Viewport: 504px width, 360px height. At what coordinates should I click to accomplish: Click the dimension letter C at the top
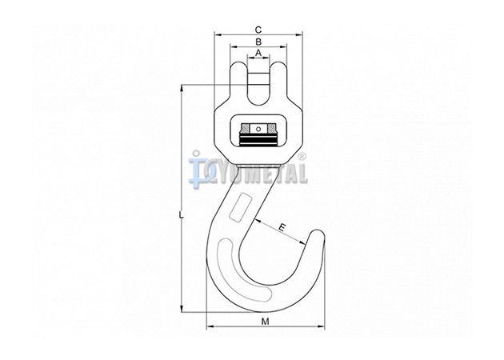(258, 30)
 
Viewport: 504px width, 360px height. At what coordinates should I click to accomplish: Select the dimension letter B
(258, 42)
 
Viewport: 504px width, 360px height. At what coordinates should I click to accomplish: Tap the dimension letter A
(258, 53)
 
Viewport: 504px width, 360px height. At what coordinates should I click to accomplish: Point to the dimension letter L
(182, 216)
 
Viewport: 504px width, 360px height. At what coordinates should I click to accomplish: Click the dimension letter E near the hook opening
(282, 228)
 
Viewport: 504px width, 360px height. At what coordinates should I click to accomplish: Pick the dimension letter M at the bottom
(265, 322)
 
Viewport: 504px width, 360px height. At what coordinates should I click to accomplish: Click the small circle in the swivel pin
(258, 130)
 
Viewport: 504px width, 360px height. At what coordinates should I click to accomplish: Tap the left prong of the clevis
(239, 80)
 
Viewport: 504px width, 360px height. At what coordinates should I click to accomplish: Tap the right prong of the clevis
(278, 80)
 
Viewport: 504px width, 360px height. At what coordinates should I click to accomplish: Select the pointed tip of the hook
(318, 232)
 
